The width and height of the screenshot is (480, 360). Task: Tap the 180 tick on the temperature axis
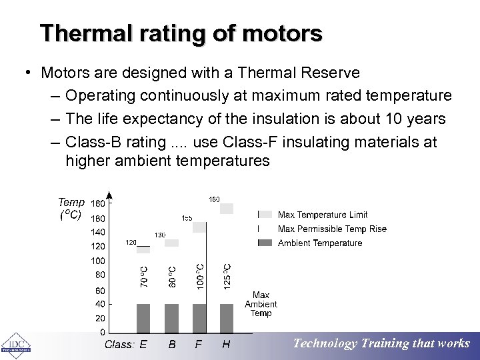(97, 203)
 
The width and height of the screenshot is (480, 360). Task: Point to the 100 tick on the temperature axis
(97, 261)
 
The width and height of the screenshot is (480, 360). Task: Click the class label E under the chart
(143, 345)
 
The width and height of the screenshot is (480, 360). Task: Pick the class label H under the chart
(226, 345)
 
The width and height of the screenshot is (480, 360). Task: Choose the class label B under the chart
(172, 345)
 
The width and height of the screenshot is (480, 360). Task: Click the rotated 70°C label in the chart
(144, 277)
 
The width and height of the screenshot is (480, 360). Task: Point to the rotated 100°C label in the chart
(199, 275)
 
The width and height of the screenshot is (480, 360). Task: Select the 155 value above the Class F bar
(187, 218)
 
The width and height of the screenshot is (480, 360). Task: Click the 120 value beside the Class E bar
(131, 243)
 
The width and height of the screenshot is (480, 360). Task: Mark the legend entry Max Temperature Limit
(322, 215)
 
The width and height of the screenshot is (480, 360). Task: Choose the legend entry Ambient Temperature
(319, 243)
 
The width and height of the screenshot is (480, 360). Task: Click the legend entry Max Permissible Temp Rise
(331, 229)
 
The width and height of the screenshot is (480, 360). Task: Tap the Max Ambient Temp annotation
(261, 304)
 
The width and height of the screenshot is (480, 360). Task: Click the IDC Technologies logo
(15, 344)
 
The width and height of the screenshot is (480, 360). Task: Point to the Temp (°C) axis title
(71, 208)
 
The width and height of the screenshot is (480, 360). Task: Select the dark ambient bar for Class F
(199, 318)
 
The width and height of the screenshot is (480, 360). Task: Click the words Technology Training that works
(381, 344)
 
